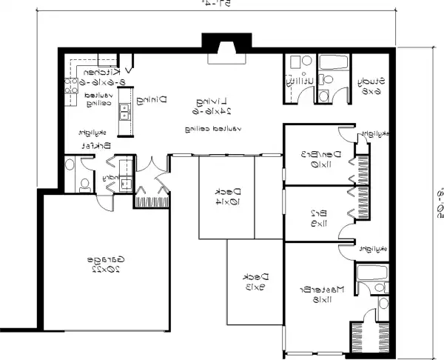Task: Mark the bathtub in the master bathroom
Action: [x=369, y=274]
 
